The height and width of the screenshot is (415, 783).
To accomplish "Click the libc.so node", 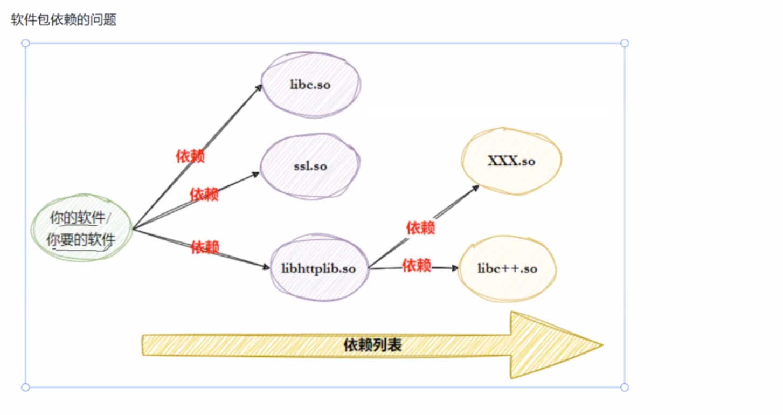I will coord(310,85).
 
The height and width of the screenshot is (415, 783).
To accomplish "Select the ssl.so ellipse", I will coord(310,166).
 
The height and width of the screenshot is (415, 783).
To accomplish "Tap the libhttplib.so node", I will coord(319,268).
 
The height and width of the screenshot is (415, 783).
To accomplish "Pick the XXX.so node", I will coord(511,161).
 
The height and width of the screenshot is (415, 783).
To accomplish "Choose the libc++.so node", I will coord(507,268).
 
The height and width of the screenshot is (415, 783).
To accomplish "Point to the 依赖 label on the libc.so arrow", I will coord(190,156).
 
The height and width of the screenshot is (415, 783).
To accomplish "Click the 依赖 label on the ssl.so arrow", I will coord(204,194).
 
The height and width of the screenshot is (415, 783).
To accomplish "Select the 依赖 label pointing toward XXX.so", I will coord(421,228).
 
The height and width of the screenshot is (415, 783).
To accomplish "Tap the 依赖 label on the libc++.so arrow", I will coord(417,265).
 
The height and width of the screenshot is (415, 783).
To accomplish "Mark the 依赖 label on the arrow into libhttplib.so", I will coord(205,247).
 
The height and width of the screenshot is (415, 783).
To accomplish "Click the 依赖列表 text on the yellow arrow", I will coord(372,345).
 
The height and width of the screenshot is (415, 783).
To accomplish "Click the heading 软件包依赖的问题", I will coord(64,20).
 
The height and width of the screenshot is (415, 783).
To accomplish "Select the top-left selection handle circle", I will coord(25,43).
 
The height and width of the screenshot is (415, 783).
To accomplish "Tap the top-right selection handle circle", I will coord(625,43).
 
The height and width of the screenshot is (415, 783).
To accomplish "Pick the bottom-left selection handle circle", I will coord(25,387).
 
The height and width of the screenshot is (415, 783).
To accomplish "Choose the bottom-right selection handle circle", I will coord(625,387).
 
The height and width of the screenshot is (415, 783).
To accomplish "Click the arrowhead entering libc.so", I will coord(260,87).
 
